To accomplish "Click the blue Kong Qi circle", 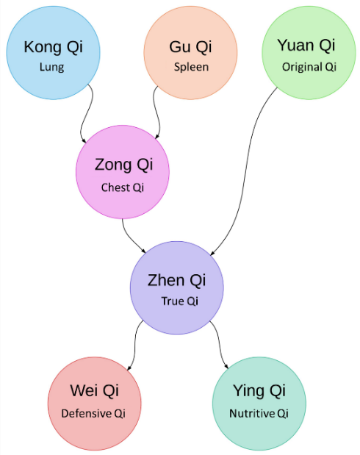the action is (x=54, y=53).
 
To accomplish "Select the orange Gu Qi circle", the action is (x=190, y=53).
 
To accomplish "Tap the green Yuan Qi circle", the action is (x=309, y=53).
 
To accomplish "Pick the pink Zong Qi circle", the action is (x=123, y=172).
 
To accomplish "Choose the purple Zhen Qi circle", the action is (x=177, y=288).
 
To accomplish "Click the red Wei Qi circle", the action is (x=95, y=404).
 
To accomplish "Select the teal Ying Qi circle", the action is (x=259, y=404).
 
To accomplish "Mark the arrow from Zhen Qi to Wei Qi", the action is (x=135, y=344).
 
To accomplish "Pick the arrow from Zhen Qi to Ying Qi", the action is (x=220, y=344).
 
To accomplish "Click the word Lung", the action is (x=52, y=68).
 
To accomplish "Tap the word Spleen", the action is (x=191, y=68).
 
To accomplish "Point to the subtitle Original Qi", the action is (x=309, y=68).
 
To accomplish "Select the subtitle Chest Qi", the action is (x=123, y=187).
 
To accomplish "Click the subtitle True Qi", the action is (x=180, y=301).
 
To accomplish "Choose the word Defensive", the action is (x=87, y=414).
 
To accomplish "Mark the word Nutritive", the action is (x=252, y=414).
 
